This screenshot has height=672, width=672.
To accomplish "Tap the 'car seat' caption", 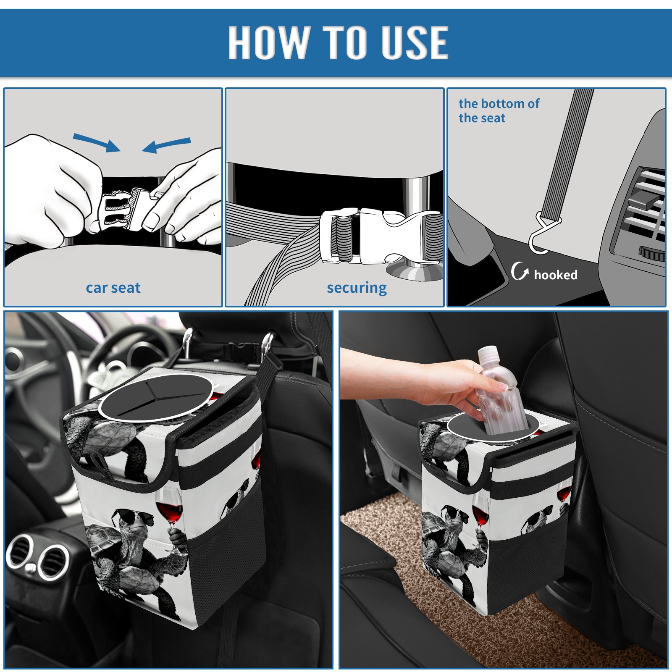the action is coord(113,288).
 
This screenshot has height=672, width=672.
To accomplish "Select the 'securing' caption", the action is coord(357,288).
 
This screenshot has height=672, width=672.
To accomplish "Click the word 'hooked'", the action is coord(556,275).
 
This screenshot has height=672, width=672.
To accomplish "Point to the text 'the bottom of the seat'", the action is coord(499,110).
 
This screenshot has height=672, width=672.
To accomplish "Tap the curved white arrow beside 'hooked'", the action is coord(520,271).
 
